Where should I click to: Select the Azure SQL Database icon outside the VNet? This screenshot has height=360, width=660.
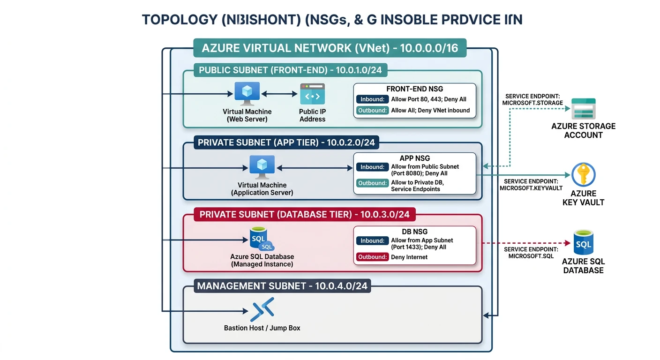click(583, 243)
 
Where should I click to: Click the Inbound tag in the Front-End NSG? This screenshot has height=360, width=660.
click(372, 99)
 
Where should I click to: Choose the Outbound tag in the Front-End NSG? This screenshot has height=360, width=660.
click(372, 111)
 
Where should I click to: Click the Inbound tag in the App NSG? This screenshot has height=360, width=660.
click(372, 167)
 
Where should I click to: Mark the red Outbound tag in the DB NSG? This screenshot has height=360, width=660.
click(372, 257)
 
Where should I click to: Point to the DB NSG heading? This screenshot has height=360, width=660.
click(414, 232)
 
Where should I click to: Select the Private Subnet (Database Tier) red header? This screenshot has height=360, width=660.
click(304, 215)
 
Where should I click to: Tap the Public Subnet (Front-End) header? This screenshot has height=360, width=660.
click(290, 70)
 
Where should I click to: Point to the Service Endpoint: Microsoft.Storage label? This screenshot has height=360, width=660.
click(532, 99)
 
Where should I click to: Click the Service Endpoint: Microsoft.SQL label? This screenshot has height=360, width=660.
click(531, 253)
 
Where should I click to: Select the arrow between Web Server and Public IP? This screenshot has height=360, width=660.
click(280, 94)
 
